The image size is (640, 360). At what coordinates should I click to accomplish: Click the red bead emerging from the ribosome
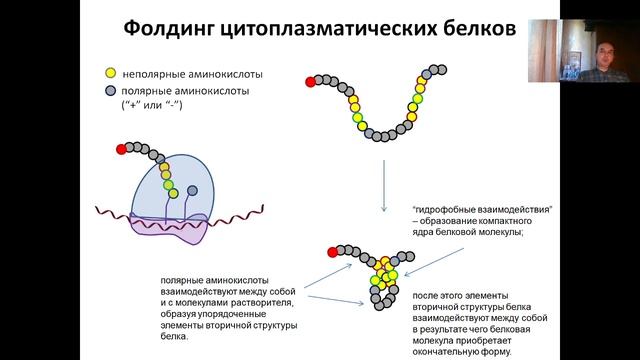[122, 149]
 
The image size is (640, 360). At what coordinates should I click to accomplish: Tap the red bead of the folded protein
[331, 247]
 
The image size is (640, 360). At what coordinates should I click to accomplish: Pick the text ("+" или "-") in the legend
[144, 105]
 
